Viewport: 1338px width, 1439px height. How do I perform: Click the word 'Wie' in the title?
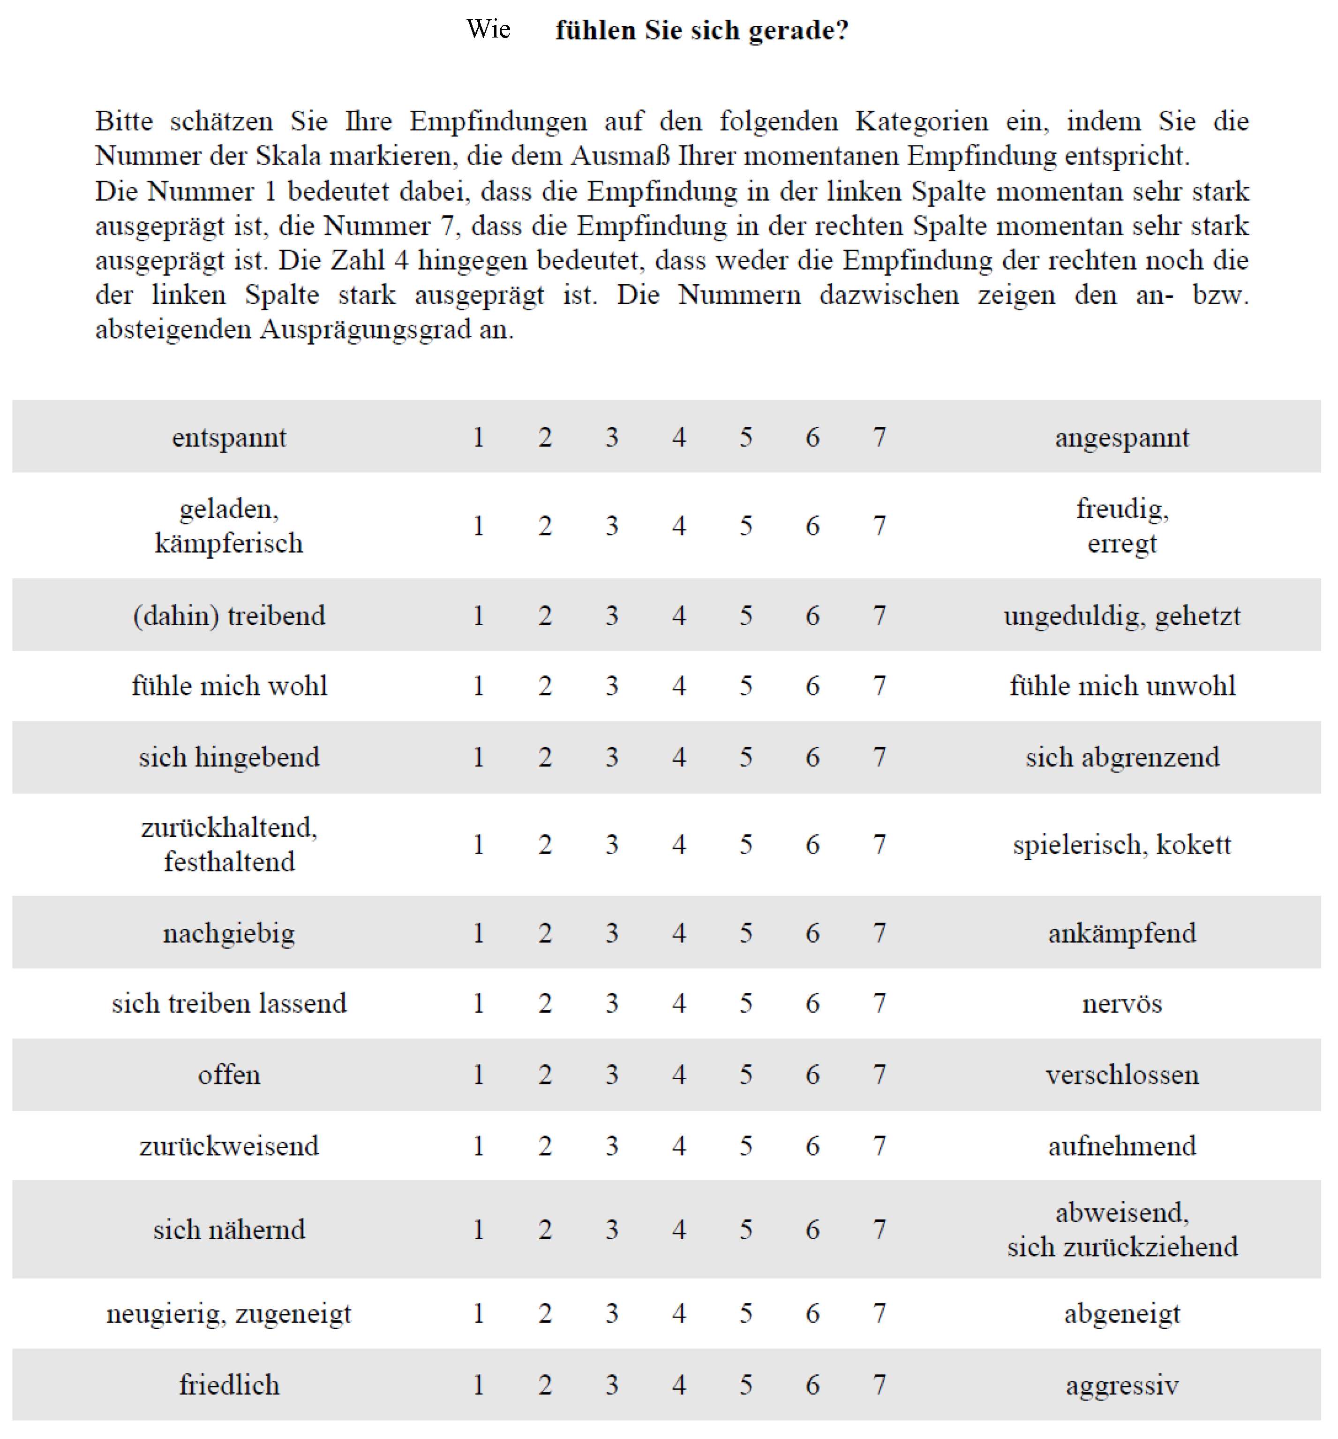click(x=489, y=30)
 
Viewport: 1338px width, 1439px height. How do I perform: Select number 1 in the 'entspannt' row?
click(x=478, y=437)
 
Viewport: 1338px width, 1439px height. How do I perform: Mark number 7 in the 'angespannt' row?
click(x=879, y=437)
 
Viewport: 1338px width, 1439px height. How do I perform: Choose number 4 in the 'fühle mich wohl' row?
click(x=679, y=685)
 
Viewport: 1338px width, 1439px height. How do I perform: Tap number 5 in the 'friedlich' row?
click(x=745, y=1385)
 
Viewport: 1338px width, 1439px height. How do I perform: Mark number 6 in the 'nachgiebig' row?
click(x=812, y=933)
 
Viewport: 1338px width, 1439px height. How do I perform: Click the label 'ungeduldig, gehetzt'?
click(x=1121, y=616)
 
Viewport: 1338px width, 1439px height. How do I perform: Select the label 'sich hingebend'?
click(x=229, y=757)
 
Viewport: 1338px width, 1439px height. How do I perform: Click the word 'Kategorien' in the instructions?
click(x=921, y=121)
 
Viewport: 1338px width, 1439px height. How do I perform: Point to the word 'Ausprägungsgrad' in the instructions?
click(x=365, y=329)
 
